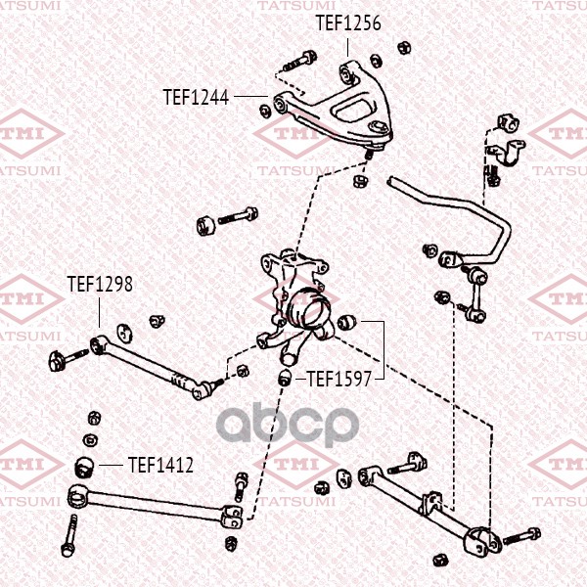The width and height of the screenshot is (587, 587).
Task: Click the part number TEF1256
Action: click(348, 23)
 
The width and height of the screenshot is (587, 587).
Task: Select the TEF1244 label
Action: click(196, 98)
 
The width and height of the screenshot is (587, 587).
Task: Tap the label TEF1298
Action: click(100, 284)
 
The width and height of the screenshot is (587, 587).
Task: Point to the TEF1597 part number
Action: click(339, 380)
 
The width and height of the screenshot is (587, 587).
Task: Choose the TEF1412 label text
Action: click(160, 465)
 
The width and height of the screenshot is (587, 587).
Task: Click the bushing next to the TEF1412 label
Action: click(85, 468)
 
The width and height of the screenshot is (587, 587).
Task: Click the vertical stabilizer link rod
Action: click(475, 295)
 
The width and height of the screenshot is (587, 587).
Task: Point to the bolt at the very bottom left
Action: click(70, 535)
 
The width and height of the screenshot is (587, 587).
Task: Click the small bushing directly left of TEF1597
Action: click(287, 378)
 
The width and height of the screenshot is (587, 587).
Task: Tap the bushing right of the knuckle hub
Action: click(346, 323)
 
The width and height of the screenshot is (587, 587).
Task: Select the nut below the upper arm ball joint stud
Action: click(360, 181)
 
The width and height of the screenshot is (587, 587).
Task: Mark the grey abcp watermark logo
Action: click(288, 426)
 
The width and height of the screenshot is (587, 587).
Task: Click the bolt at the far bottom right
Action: click(521, 536)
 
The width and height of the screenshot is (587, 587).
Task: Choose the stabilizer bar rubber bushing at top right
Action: click(509, 123)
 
